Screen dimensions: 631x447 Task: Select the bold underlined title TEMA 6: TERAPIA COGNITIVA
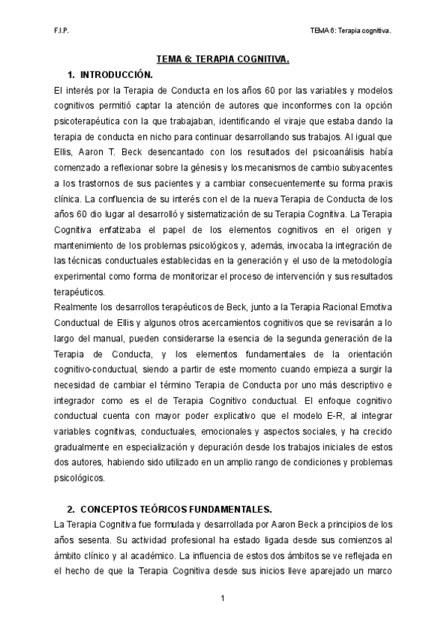pyautogui.click(x=223, y=59)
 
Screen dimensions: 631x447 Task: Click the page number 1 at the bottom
pyautogui.click(x=223, y=598)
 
